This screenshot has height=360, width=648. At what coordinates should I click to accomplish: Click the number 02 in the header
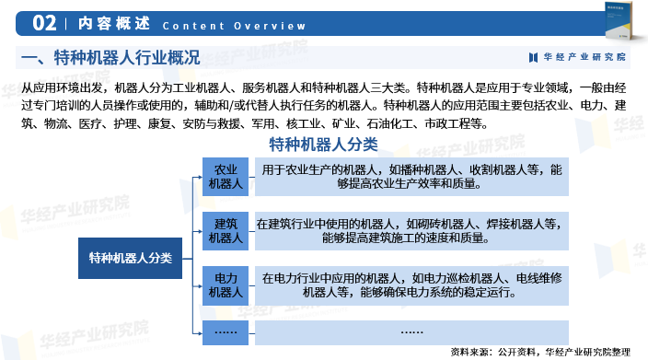[44, 23]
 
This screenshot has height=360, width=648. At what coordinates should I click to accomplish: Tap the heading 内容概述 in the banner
[114, 23]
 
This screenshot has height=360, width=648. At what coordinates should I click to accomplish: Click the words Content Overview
[234, 26]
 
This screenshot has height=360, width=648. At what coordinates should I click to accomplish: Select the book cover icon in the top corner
[619, 20]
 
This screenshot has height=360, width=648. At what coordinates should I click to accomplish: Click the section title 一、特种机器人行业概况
[110, 58]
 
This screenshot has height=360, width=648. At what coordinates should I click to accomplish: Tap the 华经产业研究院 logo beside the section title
[577, 57]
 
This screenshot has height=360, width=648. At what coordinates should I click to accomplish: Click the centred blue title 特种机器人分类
[323, 145]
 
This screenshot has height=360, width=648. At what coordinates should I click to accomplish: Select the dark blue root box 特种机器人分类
[130, 258]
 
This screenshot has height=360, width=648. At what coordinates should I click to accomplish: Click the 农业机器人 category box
[226, 177]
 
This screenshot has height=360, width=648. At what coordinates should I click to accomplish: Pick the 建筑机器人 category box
[226, 231]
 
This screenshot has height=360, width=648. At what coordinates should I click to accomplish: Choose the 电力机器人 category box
[226, 285]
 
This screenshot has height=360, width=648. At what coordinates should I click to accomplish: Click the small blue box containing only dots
[226, 332]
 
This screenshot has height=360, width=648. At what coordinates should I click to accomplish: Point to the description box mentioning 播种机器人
[411, 177]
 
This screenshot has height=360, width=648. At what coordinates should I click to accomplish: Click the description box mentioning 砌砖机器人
[411, 231]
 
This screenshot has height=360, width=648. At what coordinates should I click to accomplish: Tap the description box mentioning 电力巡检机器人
[411, 285]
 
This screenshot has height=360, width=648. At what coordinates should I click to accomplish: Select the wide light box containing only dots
[411, 332]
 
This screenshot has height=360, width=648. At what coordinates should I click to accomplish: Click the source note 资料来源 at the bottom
[540, 352]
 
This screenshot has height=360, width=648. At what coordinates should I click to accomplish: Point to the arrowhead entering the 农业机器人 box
[201, 177]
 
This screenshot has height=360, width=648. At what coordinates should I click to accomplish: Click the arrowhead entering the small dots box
[201, 332]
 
